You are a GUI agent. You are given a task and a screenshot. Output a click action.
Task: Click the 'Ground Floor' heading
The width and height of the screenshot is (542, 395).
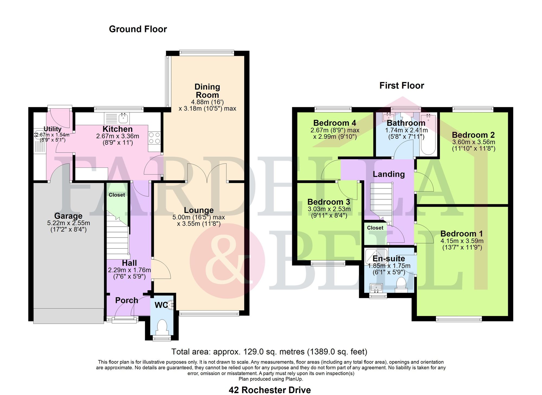point(138,29)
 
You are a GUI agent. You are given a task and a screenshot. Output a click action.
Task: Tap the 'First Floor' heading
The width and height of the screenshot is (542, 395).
point(402,86)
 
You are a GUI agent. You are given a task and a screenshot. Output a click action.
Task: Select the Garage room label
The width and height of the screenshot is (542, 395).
point(68,216)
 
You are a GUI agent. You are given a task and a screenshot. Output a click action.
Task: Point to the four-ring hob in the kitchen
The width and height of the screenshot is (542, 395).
point(154,138)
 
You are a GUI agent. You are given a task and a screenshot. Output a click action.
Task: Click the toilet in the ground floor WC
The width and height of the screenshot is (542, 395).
point(162,327)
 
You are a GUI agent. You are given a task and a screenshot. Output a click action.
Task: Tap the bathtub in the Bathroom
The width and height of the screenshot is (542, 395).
point(428,134)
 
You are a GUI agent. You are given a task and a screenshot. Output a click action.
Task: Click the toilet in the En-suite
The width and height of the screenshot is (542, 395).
point(401,285)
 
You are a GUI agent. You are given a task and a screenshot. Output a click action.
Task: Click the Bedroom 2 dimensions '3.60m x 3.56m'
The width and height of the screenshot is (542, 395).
point(473,142)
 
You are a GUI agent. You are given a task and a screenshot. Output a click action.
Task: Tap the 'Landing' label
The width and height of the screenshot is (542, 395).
point(389,174)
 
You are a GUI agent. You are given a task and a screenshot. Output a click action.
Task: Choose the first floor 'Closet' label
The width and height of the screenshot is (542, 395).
point(375,228)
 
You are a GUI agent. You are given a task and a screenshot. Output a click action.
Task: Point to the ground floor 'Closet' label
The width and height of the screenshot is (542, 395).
point(117,195)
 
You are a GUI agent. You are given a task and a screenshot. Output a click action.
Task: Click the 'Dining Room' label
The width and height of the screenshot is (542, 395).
point(207,91)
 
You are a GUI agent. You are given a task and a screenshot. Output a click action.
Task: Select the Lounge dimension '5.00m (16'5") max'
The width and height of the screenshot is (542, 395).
point(199,217)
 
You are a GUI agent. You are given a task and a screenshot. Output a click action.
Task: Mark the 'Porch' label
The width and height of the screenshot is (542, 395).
point(127,300)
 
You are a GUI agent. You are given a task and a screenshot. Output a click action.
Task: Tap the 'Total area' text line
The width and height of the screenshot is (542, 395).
point(269,352)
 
